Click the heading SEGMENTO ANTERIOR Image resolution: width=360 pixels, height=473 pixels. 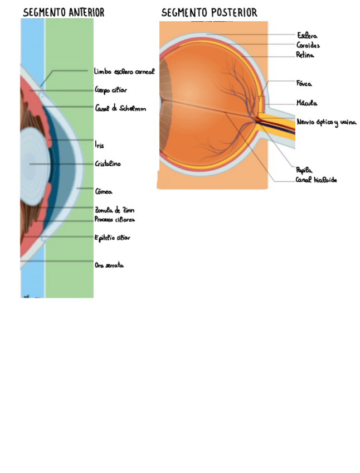(x=64, y=12)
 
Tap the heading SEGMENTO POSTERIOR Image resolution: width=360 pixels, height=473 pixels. (x=209, y=12)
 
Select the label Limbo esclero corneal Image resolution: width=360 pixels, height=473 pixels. (x=124, y=72)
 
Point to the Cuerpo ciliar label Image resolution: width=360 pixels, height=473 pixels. (x=111, y=90)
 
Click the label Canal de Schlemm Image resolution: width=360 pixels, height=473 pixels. (x=120, y=108)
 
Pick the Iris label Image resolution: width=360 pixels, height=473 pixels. (x=99, y=146)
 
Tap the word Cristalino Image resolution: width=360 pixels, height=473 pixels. (x=108, y=164)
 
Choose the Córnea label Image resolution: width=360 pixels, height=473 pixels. (x=104, y=191)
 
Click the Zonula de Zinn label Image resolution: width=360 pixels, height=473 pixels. (x=114, y=210)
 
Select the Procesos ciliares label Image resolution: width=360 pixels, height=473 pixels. (x=114, y=220)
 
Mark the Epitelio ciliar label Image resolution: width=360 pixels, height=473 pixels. (x=112, y=238)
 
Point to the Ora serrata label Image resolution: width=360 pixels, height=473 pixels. (x=109, y=266)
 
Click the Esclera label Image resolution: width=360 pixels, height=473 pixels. (x=307, y=36)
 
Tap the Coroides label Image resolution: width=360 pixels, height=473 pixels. (x=308, y=45)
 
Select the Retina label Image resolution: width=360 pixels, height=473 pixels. (x=305, y=55)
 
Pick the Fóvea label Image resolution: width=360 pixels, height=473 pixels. (x=304, y=84)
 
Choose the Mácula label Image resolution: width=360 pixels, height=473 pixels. (x=307, y=103)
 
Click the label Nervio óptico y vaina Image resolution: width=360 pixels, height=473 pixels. (x=326, y=122)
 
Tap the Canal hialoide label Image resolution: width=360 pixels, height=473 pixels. (x=316, y=180)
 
